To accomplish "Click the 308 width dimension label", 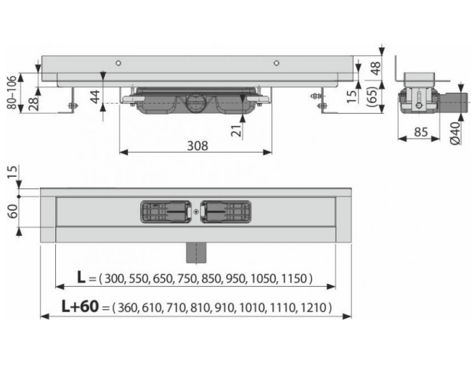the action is click(197, 146).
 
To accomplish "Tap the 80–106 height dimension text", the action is click(11, 93).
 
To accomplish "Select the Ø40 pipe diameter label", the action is click(455, 133).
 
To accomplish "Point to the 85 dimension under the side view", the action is click(421, 132).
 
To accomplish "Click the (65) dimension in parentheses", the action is click(373, 96).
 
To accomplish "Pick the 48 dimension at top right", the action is click(375, 68).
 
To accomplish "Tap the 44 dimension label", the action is click(95, 96).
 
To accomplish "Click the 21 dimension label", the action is click(238, 130).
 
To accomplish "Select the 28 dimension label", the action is click(34, 104).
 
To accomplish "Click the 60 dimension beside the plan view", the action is click(12, 211).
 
